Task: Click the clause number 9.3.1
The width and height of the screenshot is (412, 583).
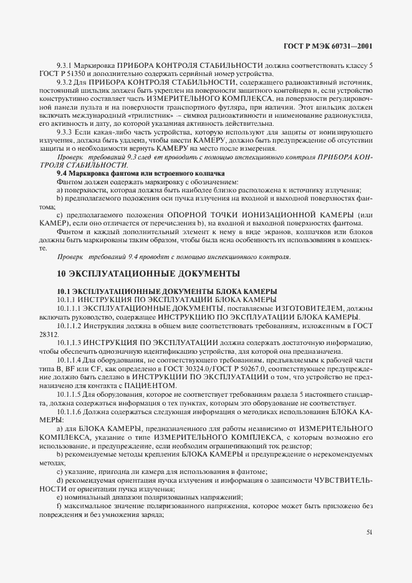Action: click(x=65, y=65)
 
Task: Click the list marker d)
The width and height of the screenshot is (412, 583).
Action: click(x=59, y=480)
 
